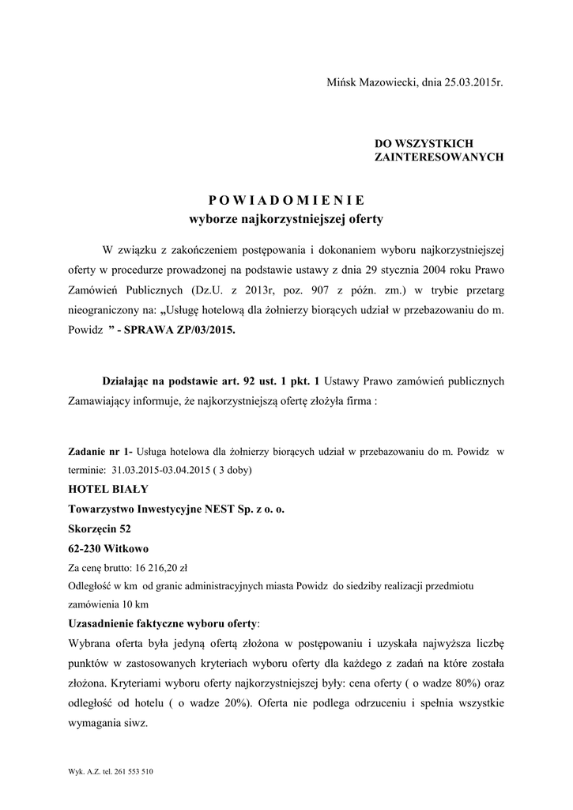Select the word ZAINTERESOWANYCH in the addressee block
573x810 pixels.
pyautogui.click(x=439, y=157)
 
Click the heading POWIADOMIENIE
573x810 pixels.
pyautogui.click(x=287, y=199)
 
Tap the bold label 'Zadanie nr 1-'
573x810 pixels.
pyautogui.click(x=101, y=453)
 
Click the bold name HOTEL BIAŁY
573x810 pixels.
pyautogui.click(x=108, y=490)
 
